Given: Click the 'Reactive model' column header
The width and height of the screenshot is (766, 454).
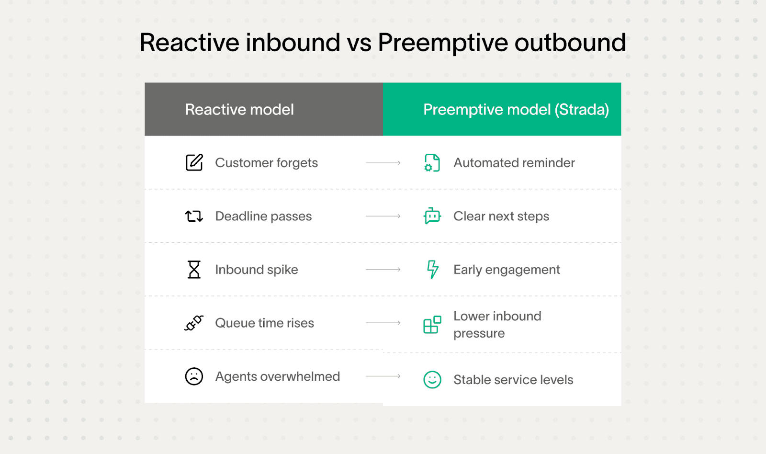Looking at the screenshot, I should (239, 110).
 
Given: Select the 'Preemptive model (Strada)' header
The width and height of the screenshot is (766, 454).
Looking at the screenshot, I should (516, 110).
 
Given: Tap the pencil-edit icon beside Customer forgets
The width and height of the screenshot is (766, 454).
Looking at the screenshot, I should (194, 163).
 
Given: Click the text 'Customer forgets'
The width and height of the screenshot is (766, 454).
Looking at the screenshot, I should (266, 163).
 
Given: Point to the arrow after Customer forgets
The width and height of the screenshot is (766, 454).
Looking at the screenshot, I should (383, 163).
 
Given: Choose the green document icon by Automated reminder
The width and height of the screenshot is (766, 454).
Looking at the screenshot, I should (432, 163).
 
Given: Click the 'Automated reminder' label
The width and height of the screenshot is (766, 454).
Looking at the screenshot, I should (514, 163).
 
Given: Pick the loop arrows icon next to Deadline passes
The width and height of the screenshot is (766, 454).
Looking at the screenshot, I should (194, 216).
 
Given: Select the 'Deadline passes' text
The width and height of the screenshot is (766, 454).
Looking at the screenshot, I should (263, 216).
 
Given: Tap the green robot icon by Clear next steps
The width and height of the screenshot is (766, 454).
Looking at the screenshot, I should (432, 216).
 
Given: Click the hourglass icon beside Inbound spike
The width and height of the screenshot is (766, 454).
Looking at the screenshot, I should (194, 270).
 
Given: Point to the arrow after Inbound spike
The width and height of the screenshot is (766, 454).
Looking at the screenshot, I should (383, 270).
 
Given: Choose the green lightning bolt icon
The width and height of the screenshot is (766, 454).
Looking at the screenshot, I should (432, 269).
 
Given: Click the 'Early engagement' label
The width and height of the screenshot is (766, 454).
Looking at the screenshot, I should (507, 270).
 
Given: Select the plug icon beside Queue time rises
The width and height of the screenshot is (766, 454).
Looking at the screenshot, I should (194, 323).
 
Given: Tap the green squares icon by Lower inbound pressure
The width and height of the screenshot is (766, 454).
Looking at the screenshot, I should (432, 325).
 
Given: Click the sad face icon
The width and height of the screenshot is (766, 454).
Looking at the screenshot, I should (194, 376).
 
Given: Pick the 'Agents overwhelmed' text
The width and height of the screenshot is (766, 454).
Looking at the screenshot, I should (278, 376).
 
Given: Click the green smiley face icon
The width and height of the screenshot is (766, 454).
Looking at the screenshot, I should (432, 380).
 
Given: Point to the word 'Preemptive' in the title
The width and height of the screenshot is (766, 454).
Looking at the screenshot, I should (442, 43).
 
